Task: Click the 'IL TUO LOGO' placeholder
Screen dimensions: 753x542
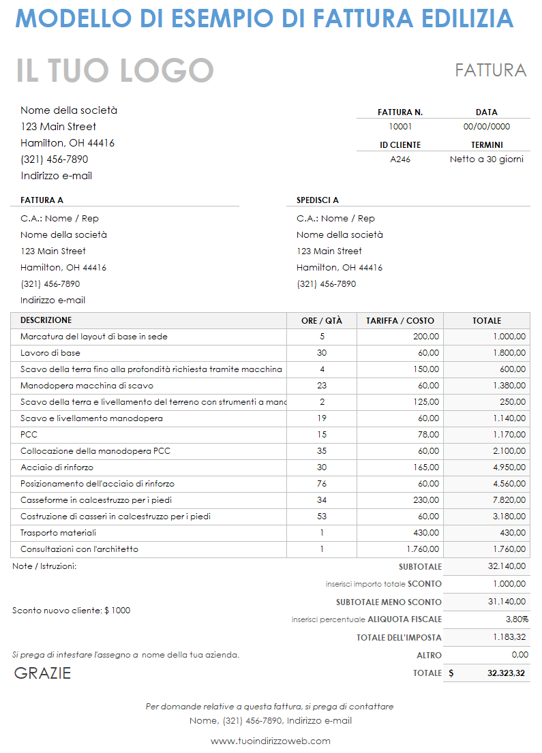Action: pos(115,71)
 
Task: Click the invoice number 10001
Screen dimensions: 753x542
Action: pos(400,126)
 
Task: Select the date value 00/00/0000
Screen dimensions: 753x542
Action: pos(486,126)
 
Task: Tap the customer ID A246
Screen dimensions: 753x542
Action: pos(400,159)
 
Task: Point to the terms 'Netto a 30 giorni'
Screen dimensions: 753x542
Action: pos(486,159)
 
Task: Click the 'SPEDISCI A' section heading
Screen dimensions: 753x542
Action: pos(318,200)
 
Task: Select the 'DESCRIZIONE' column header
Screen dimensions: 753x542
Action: pos(46,320)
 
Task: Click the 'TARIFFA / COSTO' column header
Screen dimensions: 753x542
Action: pos(400,320)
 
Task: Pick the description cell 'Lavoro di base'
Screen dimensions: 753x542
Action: pos(50,353)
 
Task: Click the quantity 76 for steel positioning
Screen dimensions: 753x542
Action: pos(322,484)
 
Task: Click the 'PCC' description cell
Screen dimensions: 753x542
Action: pos(29,435)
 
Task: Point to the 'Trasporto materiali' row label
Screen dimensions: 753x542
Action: pos(58,533)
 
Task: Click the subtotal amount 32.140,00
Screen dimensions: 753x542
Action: pos(507,566)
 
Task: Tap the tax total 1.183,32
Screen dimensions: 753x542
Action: pos(509,637)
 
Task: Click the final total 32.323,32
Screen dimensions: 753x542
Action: pos(506,673)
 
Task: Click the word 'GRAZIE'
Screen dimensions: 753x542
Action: pos(42,673)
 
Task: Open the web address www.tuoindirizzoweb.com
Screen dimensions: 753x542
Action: pos(271,741)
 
